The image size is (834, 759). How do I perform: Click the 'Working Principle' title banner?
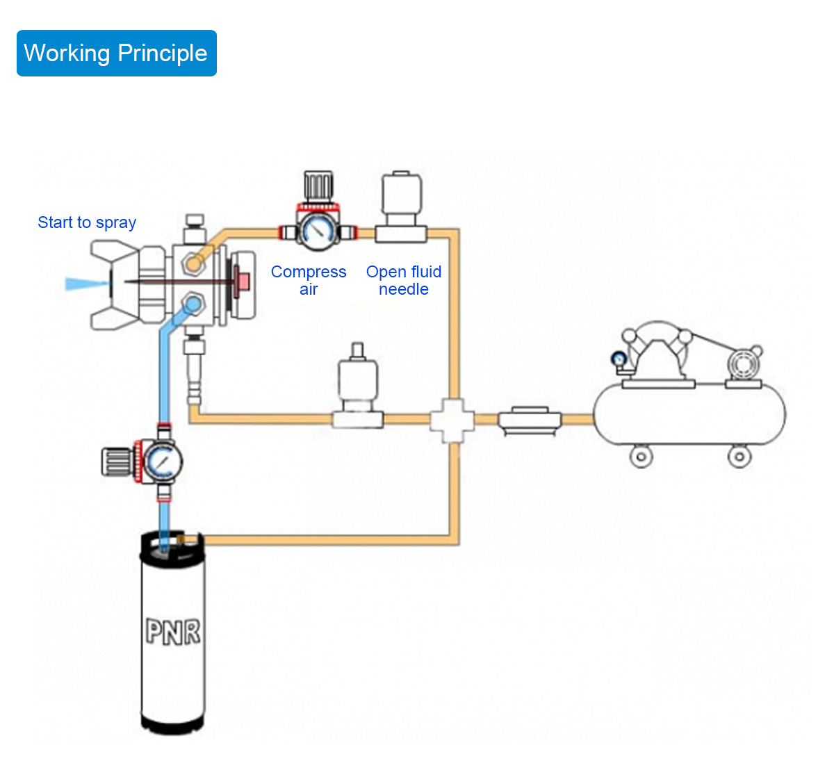[x=116, y=53]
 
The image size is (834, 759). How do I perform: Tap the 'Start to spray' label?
[x=87, y=222]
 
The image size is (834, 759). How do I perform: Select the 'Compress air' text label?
[x=309, y=280]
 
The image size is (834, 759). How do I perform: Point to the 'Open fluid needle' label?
[x=404, y=280]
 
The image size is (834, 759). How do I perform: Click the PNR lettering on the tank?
[x=173, y=632]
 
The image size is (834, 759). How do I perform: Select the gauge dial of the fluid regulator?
[x=163, y=462]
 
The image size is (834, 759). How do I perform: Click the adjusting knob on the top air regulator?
[x=318, y=186]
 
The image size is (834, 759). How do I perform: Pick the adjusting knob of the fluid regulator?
[x=117, y=462]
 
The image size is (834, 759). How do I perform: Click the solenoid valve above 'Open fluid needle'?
[x=401, y=206]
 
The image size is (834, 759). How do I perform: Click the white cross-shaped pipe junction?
[x=452, y=421]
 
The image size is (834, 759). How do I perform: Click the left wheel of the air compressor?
[x=641, y=456]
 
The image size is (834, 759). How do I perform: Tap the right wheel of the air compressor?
[x=739, y=456]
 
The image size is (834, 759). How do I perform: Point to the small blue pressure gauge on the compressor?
[x=619, y=359]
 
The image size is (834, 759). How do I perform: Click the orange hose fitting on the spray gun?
[x=193, y=263]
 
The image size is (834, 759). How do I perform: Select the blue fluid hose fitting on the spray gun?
[x=193, y=304]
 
